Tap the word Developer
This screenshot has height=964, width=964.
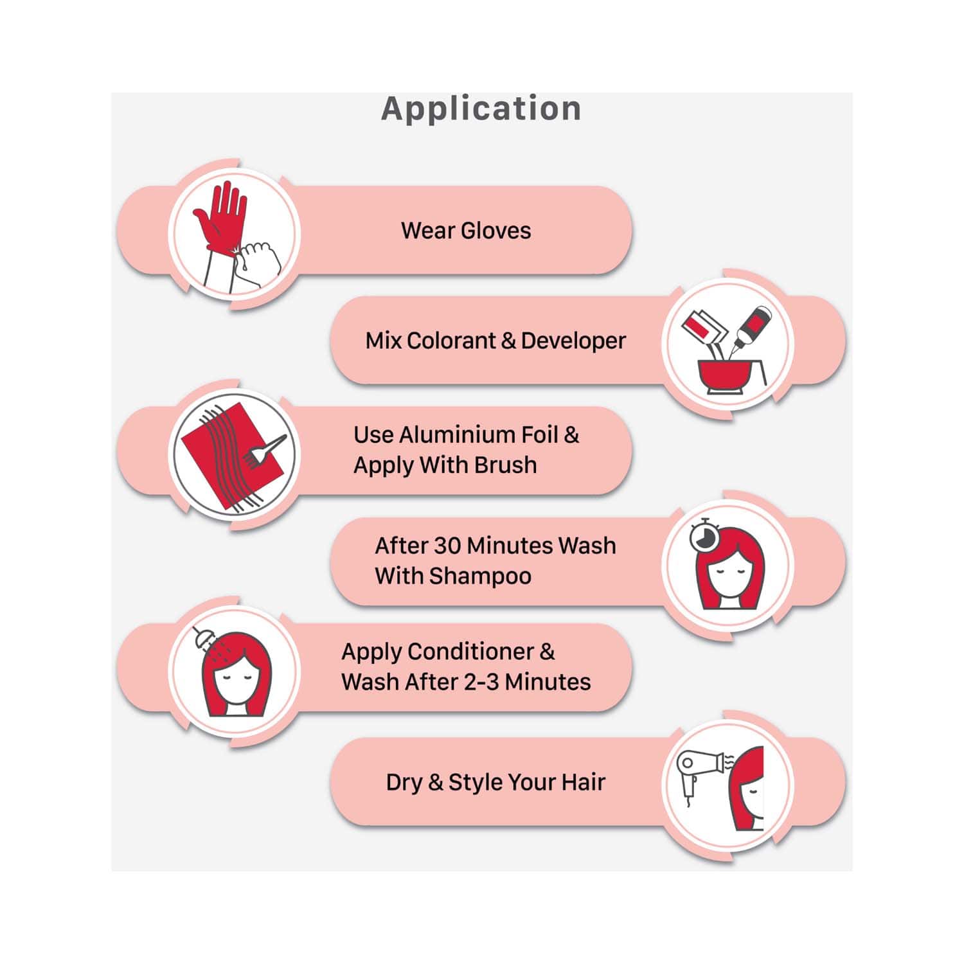573,341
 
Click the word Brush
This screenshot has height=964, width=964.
505,465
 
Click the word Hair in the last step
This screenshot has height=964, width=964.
583,782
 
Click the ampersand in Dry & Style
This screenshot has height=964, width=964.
435,782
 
